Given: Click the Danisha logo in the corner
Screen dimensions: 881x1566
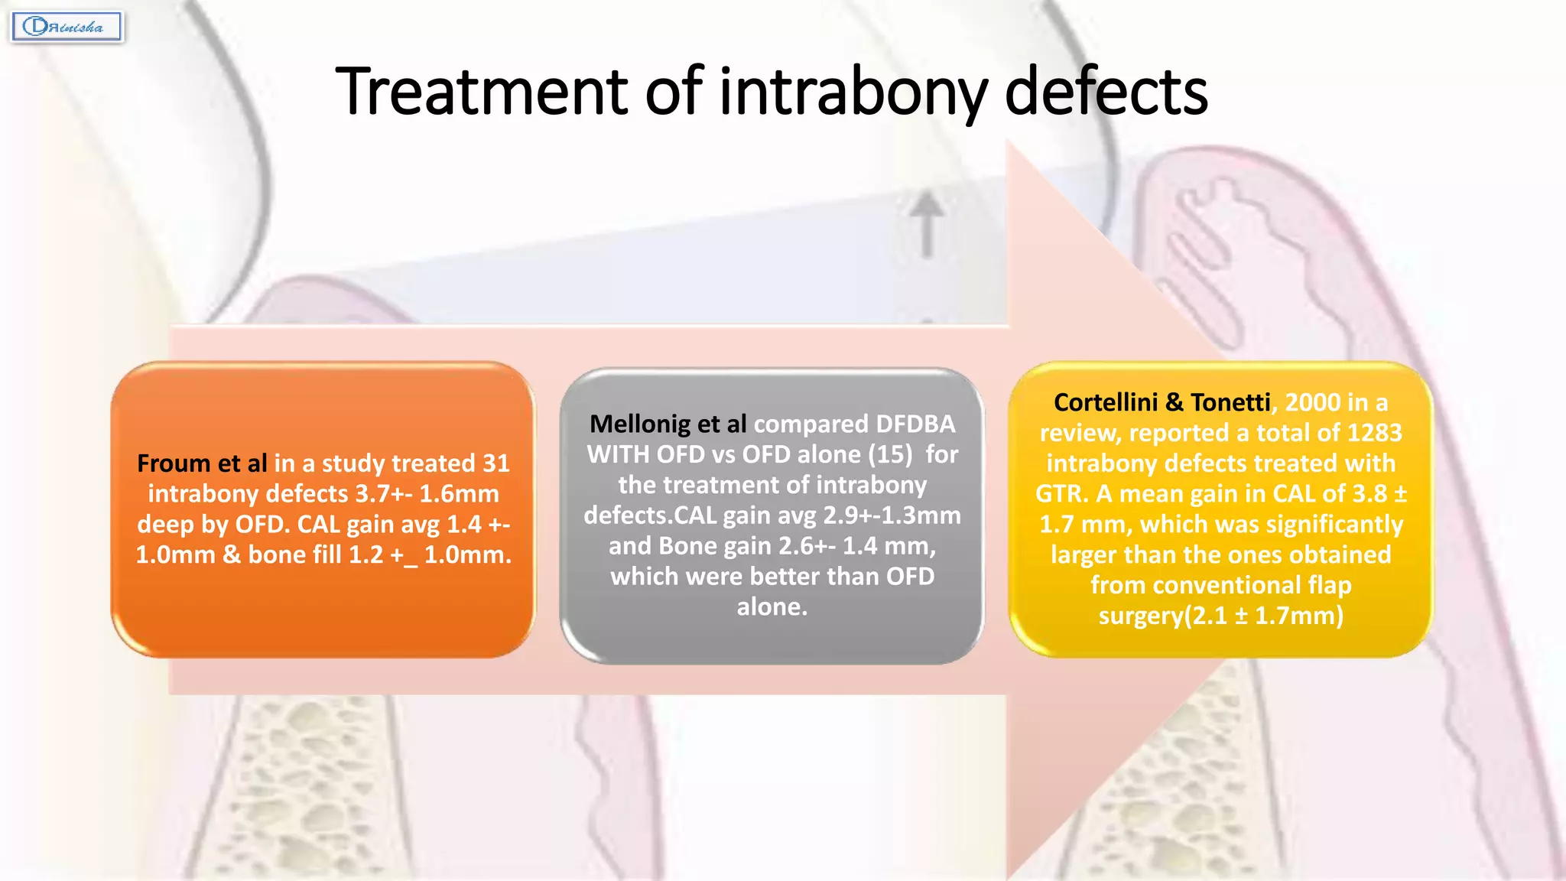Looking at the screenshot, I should [67, 27].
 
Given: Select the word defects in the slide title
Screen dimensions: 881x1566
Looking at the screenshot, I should [1106, 92].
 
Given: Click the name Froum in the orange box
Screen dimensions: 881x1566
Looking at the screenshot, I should [174, 463].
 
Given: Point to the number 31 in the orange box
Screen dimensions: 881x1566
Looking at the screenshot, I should [496, 463].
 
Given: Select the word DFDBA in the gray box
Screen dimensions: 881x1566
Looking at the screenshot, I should [915, 424].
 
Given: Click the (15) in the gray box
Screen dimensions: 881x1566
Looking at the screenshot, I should [890, 454].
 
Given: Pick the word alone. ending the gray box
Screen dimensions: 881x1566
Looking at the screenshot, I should [772, 606].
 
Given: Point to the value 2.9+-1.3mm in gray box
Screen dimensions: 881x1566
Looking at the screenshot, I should [892, 515].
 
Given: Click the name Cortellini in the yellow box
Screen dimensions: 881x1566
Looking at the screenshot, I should [1105, 402].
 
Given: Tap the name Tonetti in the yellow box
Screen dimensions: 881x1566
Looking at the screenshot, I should [1230, 402].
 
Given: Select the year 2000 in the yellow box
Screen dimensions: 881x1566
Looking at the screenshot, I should [1312, 402].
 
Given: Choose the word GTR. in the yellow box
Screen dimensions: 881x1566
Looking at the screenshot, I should [1061, 494].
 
